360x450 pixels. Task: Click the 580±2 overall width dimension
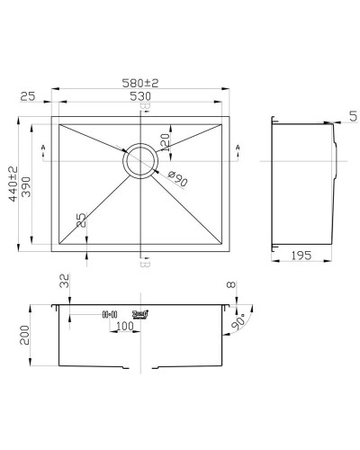(x=145, y=84)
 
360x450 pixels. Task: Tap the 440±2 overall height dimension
(x=13, y=184)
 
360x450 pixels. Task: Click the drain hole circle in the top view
(x=139, y=162)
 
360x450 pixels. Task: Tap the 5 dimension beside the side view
(x=352, y=114)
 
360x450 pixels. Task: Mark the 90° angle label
(x=240, y=320)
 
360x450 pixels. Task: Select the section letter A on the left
(x=42, y=148)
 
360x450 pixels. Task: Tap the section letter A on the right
(x=238, y=148)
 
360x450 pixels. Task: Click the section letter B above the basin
(x=145, y=106)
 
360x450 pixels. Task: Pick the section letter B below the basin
(x=145, y=264)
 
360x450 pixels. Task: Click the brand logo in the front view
(x=139, y=313)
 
